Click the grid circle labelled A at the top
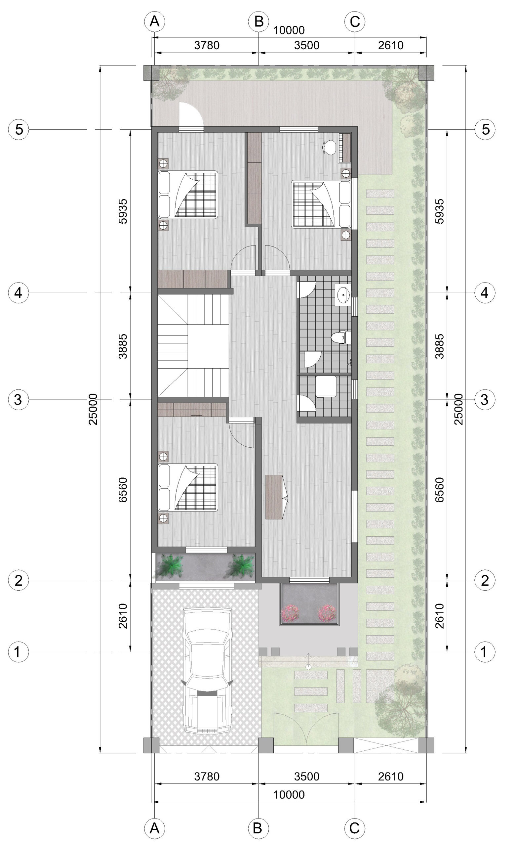point(154,21)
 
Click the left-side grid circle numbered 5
point(19,130)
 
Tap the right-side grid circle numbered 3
point(485,399)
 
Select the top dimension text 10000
point(289,30)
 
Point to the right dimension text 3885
point(439,346)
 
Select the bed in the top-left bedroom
point(188,195)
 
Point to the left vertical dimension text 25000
point(93,409)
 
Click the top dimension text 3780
point(207,45)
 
